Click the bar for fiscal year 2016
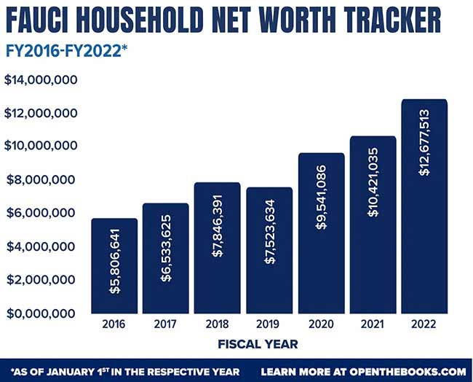click(x=114, y=266)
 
